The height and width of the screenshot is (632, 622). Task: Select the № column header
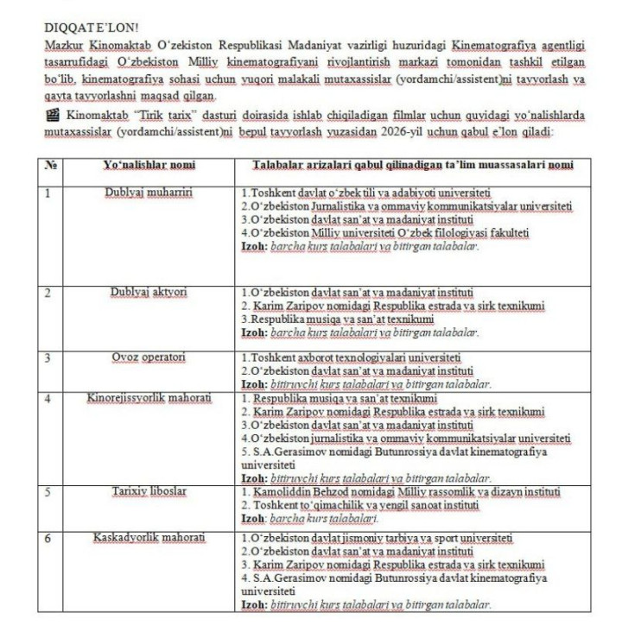click(49, 164)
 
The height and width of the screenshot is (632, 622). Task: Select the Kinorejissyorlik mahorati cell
click(148, 398)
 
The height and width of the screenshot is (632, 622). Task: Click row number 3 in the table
click(48, 357)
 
